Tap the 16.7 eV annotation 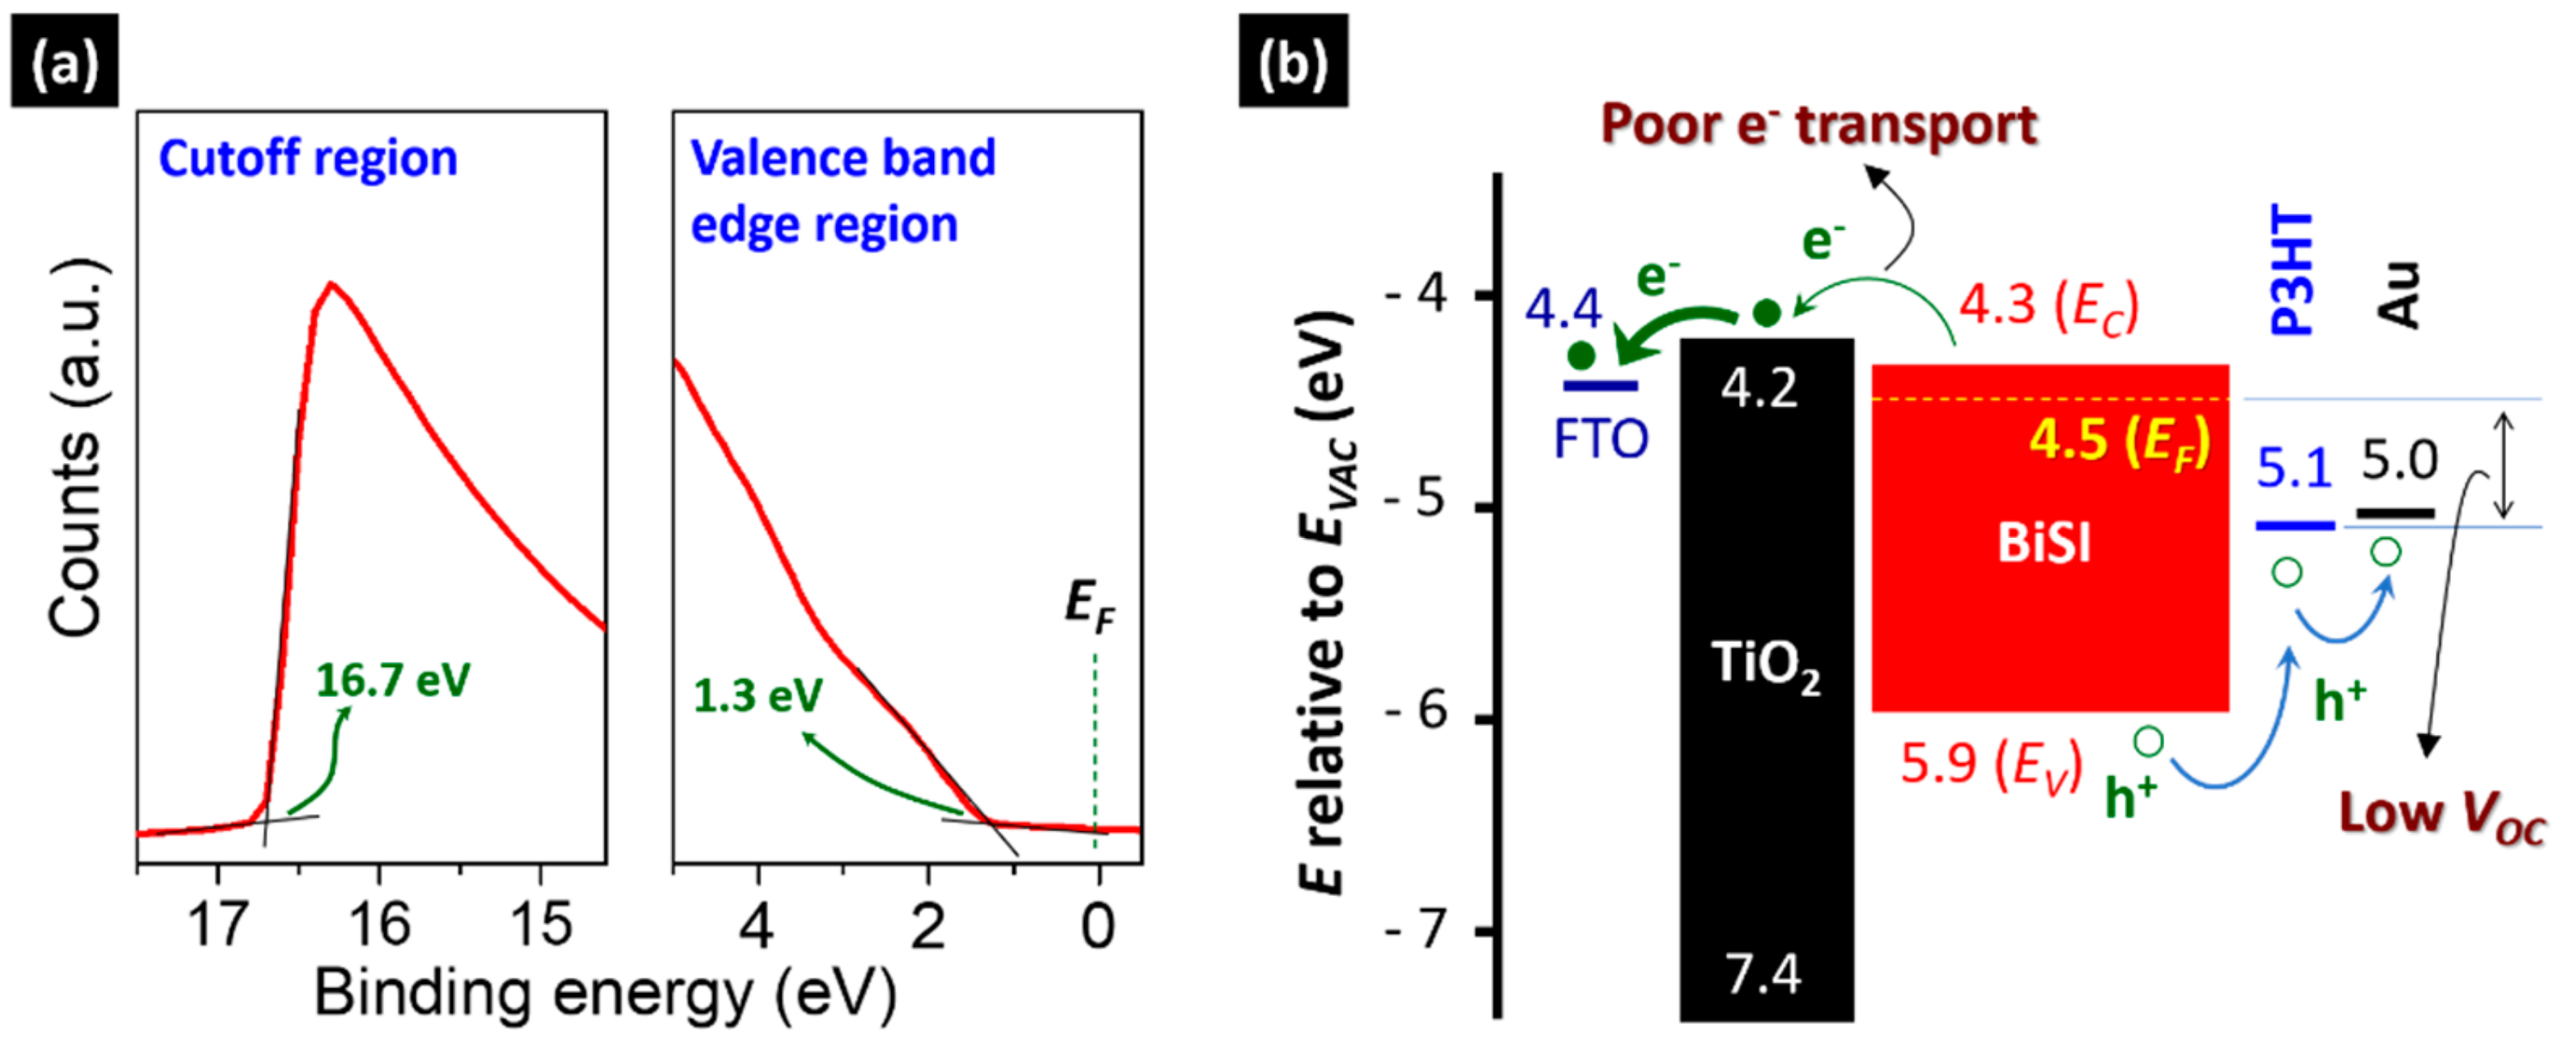pos(392,681)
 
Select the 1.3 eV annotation pos(758,695)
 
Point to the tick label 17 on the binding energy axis pos(217,925)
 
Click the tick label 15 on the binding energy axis pos(540,925)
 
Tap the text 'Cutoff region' pos(307,158)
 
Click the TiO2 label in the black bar pos(1766,663)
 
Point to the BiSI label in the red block pos(2044,544)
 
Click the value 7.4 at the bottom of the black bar pos(1763,974)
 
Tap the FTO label pos(1600,439)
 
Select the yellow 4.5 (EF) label pos(2120,440)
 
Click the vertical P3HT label pos(2292,270)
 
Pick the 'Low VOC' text pos(2441,815)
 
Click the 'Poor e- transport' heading pos(1818,127)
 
